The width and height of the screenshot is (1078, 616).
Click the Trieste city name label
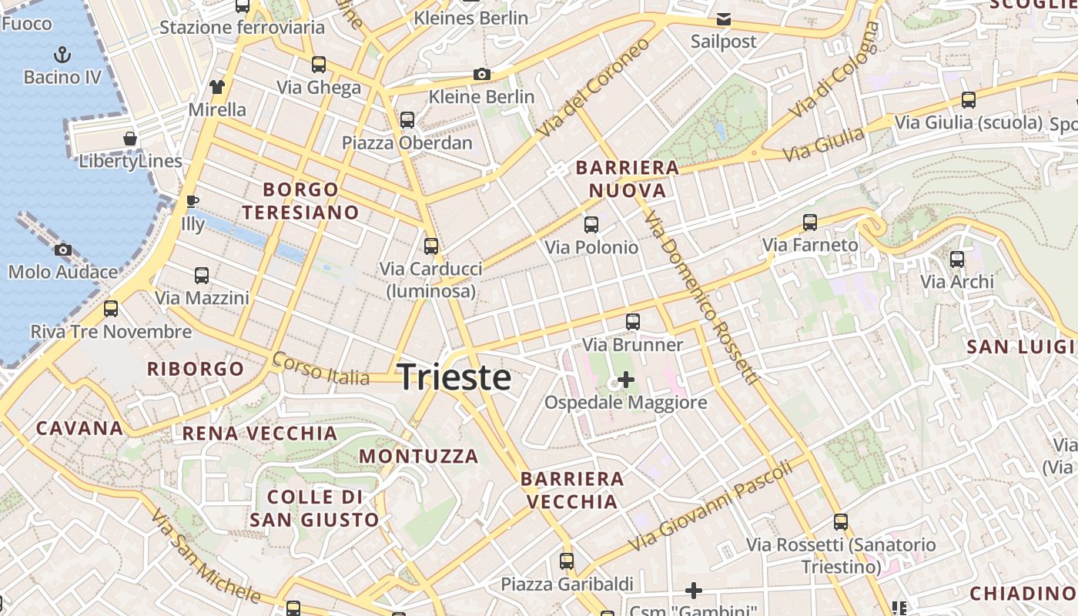[x=454, y=377]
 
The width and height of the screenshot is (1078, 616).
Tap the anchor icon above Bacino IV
[x=62, y=55]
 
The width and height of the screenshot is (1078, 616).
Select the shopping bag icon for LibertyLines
[x=130, y=139]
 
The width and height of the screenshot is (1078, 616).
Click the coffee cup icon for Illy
[x=192, y=202]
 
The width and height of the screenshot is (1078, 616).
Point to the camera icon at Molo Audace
[x=63, y=249]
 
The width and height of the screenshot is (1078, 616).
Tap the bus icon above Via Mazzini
[x=202, y=275]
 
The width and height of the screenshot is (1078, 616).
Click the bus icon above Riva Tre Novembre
[x=111, y=309]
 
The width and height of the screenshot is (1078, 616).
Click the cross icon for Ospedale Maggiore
[x=626, y=380]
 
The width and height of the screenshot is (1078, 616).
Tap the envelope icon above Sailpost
[x=724, y=19]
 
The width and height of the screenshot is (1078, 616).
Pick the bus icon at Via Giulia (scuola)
[x=969, y=100]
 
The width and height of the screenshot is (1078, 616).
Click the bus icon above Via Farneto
[x=810, y=223]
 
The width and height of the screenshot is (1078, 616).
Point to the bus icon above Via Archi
[x=957, y=259]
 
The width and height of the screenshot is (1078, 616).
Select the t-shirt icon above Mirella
[x=217, y=86]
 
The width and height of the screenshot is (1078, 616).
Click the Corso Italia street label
[x=320, y=369]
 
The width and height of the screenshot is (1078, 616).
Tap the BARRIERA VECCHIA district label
[x=572, y=490]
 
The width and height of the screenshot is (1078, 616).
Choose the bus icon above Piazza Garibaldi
[x=567, y=561]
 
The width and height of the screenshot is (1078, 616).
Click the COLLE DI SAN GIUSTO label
[x=314, y=508]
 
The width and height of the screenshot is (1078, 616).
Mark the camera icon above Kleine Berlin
[x=482, y=74]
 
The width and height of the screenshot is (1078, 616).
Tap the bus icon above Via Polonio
[x=591, y=225]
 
